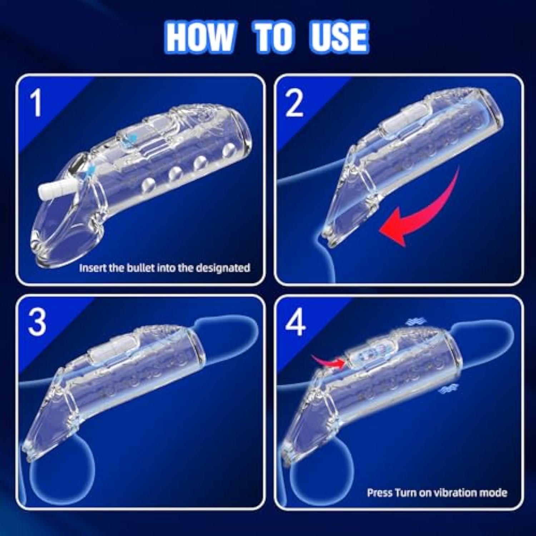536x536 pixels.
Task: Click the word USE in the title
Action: pyautogui.click(x=338, y=37)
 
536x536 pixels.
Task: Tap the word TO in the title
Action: pyautogui.click(x=273, y=37)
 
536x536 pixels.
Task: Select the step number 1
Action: pyautogui.click(x=36, y=103)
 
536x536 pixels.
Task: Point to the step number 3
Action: pyautogui.click(x=37, y=323)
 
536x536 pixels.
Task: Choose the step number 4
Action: pyautogui.click(x=295, y=323)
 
